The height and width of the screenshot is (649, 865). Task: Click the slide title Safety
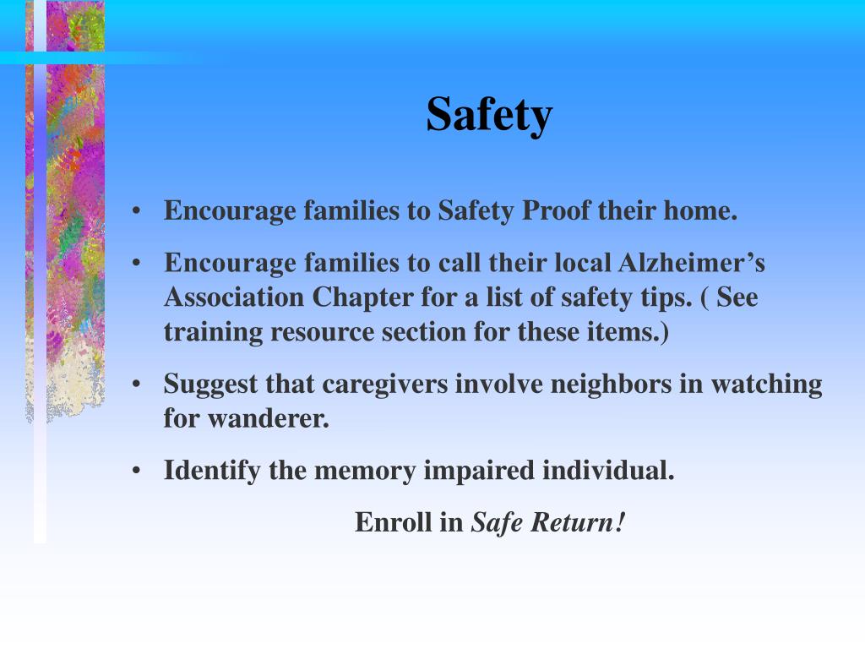pyautogui.click(x=489, y=115)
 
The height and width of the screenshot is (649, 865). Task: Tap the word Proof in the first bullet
pyautogui.click(x=557, y=210)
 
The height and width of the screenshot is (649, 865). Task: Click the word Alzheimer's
pyautogui.click(x=692, y=263)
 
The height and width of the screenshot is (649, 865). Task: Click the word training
pyautogui.click(x=214, y=333)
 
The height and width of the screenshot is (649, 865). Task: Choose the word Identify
pyautogui.click(x=212, y=470)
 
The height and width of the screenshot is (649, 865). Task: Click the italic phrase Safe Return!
pyautogui.click(x=548, y=522)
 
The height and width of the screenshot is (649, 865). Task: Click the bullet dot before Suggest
pyautogui.click(x=136, y=385)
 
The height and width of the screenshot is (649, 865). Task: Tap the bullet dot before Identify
pyautogui.click(x=136, y=471)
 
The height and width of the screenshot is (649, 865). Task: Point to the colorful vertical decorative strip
pyautogui.click(x=68, y=211)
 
